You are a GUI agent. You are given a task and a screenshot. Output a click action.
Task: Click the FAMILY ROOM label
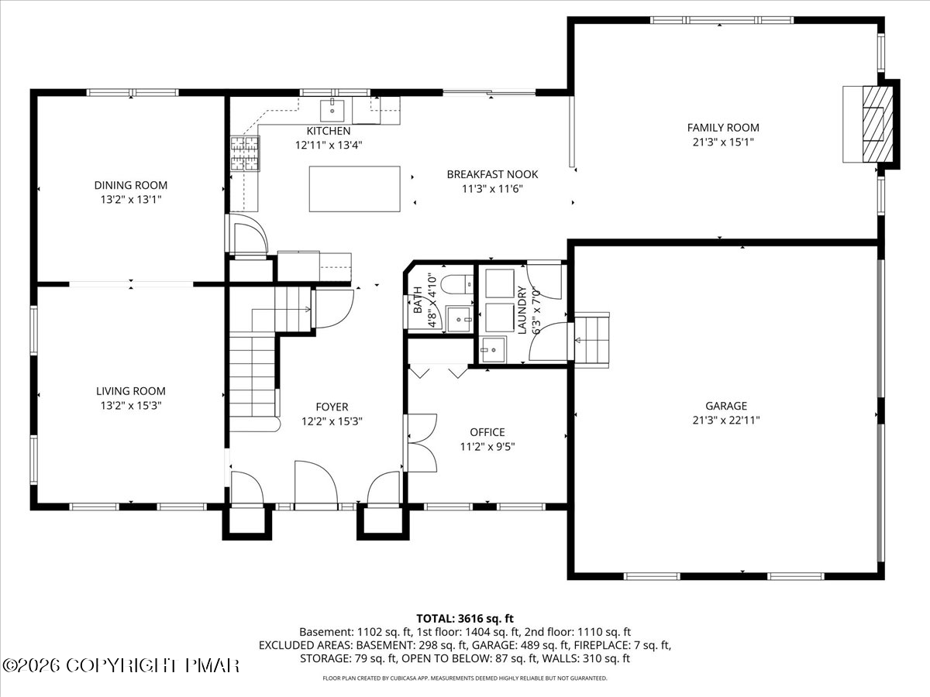[x=723, y=127]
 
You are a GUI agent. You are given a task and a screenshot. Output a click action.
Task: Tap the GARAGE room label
[x=725, y=406]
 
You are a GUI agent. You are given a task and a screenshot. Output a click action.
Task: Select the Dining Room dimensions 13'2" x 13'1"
[x=131, y=199]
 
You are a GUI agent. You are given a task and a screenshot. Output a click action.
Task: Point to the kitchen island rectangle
[x=355, y=189]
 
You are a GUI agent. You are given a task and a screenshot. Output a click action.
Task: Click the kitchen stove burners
[x=245, y=153]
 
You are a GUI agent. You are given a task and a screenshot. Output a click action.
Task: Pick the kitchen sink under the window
[x=332, y=111]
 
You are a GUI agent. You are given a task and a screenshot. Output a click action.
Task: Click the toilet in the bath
[x=456, y=283]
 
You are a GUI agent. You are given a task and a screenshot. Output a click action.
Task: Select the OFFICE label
[x=487, y=432]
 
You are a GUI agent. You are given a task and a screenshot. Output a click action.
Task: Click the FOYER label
[x=332, y=407]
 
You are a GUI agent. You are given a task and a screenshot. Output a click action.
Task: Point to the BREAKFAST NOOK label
[x=492, y=174]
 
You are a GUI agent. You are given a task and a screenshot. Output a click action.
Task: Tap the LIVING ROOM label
[x=131, y=391]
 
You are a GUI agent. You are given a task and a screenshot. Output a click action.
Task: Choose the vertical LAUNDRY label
[x=522, y=311]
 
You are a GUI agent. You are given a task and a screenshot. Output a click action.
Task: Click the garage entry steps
[x=591, y=340]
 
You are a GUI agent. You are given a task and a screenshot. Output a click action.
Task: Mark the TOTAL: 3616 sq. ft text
[x=465, y=618]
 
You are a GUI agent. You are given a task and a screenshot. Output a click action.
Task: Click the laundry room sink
[x=493, y=349]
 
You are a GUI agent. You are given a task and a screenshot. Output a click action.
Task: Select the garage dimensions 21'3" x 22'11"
[x=726, y=421]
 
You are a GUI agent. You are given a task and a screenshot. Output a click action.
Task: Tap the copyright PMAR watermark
[x=121, y=666]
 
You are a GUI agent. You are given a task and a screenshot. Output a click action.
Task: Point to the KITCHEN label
[x=329, y=131]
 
